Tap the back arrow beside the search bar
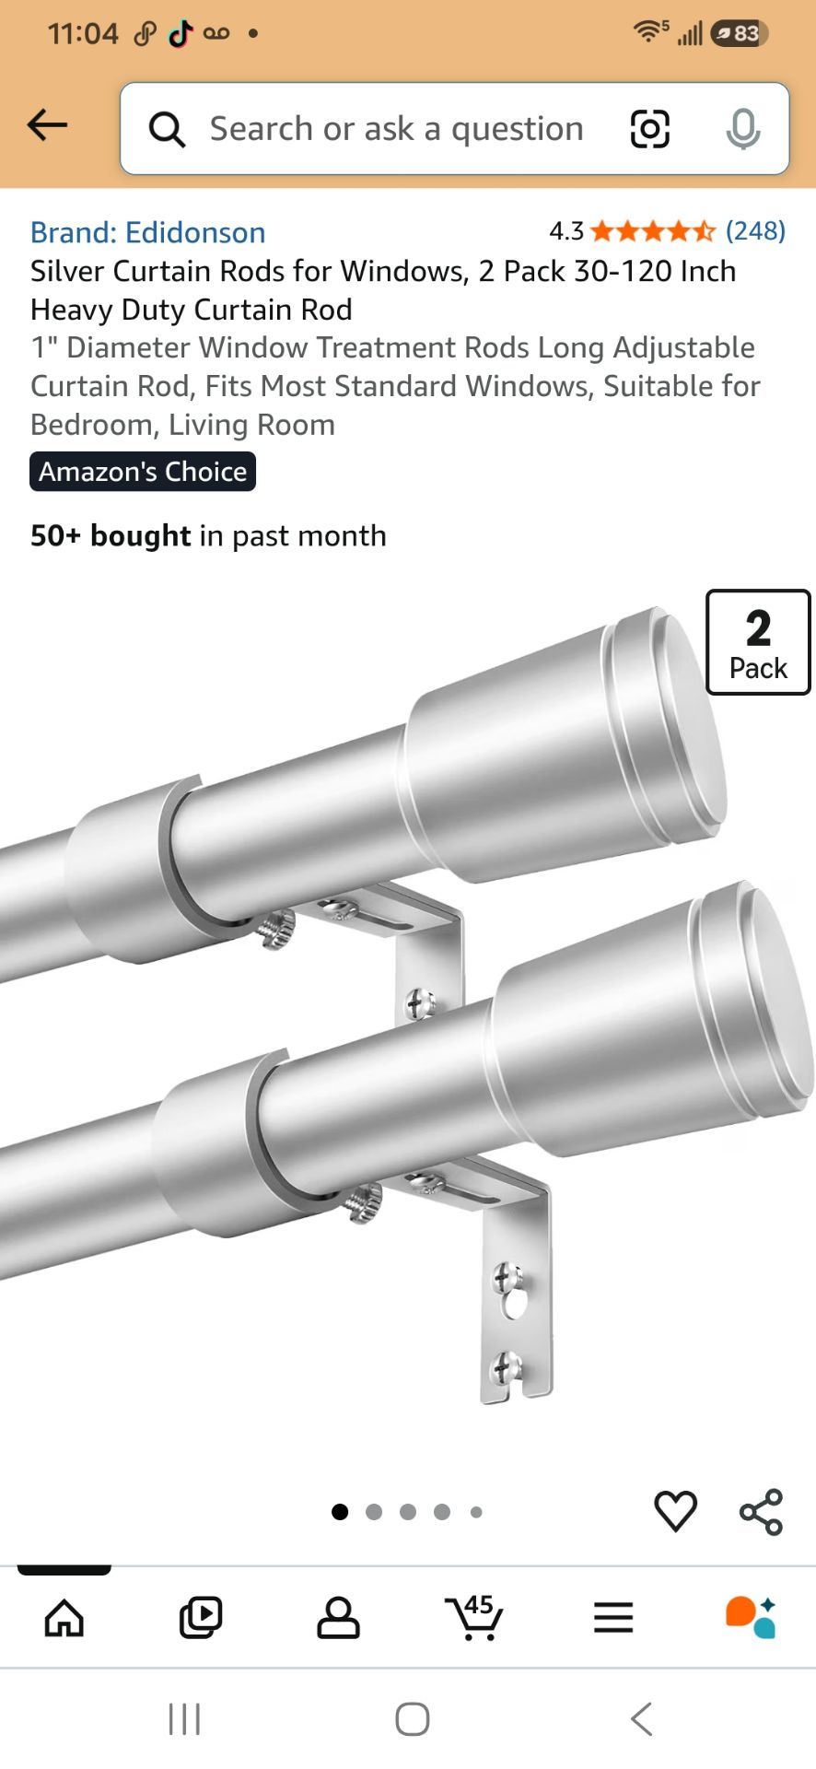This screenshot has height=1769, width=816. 48,125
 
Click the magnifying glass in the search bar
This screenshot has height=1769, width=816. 167,129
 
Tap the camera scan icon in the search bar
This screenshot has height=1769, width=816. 649,128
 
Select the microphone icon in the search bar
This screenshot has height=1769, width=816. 742,129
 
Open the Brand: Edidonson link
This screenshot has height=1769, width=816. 148,232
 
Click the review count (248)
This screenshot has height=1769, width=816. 755,230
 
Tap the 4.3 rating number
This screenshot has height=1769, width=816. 566,230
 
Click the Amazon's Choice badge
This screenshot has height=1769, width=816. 143,472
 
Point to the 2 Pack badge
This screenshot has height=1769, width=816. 758,642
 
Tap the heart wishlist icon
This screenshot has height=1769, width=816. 676,1512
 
